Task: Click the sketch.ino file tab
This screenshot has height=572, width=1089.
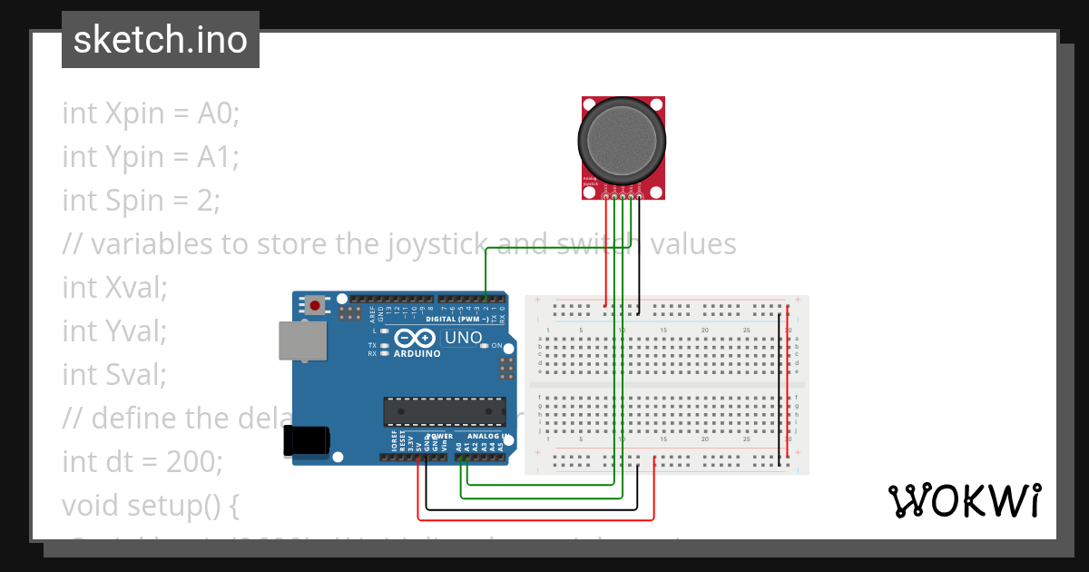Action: (160, 40)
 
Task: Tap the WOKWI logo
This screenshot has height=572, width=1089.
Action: (964, 500)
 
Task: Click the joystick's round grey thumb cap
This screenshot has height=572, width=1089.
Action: (622, 139)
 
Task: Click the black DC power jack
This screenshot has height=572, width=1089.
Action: (305, 440)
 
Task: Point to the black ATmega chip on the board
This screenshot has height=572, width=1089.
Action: (444, 410)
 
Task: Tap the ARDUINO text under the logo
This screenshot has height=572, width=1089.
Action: (417, 354)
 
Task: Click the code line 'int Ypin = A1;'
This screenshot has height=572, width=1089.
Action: (151, 156)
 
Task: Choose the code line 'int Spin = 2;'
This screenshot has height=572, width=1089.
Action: (141, 200)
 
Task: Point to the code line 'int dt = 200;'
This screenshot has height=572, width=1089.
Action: (142, 461)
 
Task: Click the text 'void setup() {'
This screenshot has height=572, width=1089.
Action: (150, 505)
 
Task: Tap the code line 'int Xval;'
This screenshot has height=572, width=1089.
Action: (115, 287)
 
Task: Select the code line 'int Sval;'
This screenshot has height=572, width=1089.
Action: (115, 374)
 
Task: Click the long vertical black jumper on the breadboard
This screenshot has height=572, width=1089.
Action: (779, 390)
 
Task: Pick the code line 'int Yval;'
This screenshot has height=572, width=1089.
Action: (115, 330)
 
